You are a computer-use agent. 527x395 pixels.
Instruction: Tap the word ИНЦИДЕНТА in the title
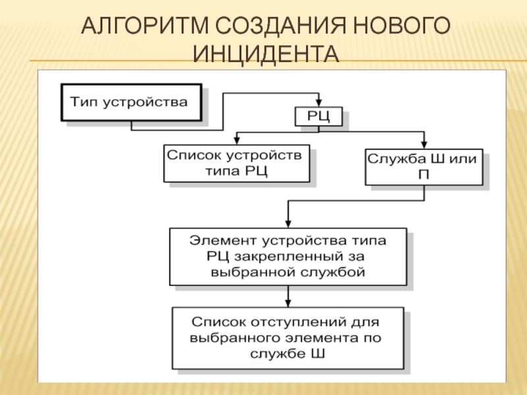point(266,54)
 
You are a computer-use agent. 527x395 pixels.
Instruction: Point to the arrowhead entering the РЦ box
point(319,103)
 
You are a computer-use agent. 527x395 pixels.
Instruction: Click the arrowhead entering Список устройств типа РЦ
point(236,141)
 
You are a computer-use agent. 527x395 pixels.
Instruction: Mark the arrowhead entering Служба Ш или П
point(424,145)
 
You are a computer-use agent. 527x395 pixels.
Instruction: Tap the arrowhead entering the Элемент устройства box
point(288,224)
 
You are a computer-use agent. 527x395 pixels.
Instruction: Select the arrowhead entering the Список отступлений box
point(288,303)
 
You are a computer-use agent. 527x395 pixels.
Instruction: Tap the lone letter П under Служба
point(424,175)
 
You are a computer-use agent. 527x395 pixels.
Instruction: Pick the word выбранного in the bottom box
point(235,338)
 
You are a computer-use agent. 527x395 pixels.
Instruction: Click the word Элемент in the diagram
point(223,241)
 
